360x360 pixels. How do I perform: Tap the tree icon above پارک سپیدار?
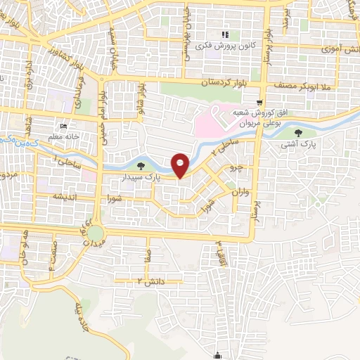pyautogui.click(x=143, y=167)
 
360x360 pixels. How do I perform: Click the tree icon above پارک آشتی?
pyautogui.click(x=301, y=131)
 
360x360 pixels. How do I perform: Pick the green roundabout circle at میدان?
pyautogui.click(x=96, y=233)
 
